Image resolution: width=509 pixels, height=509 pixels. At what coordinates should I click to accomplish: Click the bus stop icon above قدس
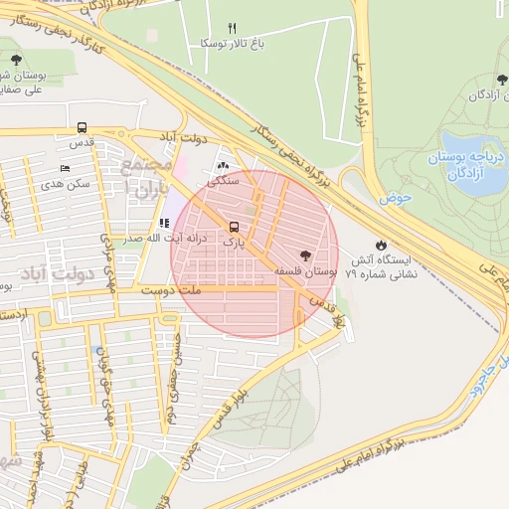click(x=82, y=127)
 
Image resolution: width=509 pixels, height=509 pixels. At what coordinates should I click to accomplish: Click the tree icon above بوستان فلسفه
click(x=318, y=254)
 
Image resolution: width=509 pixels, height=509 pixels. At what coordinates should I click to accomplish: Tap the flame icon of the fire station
click(x=381, y=244)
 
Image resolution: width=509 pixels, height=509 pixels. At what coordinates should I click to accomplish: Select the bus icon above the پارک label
click(x=234, y=226)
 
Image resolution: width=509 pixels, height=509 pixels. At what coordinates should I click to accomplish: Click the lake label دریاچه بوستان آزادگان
click(x=466, y=165)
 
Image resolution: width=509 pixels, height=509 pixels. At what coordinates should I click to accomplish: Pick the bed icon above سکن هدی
click(x=66, y=169)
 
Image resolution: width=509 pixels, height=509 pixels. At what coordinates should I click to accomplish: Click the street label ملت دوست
click(x=171, y=289)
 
